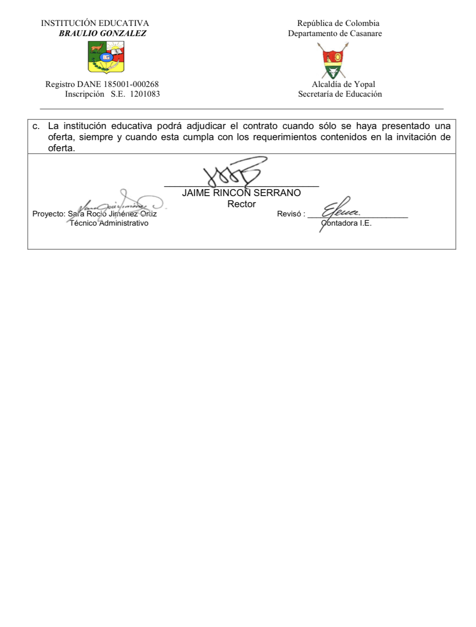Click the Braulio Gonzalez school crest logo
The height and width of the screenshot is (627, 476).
[106, 57]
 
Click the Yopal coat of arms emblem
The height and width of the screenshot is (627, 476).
[333, 61]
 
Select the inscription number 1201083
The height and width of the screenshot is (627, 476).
[145, 94]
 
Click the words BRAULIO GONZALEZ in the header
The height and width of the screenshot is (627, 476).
[102, 33]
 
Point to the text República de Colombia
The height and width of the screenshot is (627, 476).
[338, 23]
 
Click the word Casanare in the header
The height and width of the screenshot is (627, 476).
[365, 33]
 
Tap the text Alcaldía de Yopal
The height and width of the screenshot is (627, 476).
[343, 84]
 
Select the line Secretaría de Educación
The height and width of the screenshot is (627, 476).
[340, 94]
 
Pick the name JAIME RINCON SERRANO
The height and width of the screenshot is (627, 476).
[241, 193]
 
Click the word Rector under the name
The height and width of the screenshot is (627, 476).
[241, 204]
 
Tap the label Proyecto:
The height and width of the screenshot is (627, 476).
[49, 214]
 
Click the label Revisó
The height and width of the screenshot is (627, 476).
[290, 214]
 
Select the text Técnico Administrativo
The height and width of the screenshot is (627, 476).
[109, 223]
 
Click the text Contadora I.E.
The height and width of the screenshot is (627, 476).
[346, 223]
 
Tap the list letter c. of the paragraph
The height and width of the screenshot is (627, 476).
[36, 126]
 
